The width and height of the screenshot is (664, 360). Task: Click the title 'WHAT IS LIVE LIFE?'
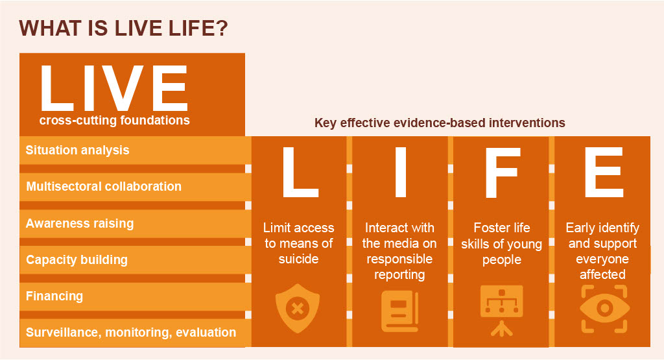coord(123,29)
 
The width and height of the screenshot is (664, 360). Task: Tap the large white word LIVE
coord(114,88)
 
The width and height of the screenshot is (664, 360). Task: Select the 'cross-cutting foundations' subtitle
coord(114,120)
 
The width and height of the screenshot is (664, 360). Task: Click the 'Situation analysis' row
coord(135,150)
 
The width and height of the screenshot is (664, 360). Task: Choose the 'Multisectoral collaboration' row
coord(135,187)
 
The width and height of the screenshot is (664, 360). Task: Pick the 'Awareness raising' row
coord(135,223)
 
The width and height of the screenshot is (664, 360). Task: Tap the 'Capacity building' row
coord(135,259)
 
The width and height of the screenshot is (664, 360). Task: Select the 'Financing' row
coord(135,296)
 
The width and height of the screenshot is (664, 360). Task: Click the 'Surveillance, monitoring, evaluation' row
coord(135,333)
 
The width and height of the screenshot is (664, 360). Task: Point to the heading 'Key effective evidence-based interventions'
coord(440,123)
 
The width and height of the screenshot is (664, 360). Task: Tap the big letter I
coord(401,172)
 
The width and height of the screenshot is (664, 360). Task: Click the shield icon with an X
coord(298,308)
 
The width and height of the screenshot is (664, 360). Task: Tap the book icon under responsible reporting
coord(399,311)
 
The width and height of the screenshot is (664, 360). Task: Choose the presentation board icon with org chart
coord(502,311)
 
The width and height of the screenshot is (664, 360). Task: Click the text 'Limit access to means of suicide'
coord(298,243)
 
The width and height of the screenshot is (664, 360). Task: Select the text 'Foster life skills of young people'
coord(502,243)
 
